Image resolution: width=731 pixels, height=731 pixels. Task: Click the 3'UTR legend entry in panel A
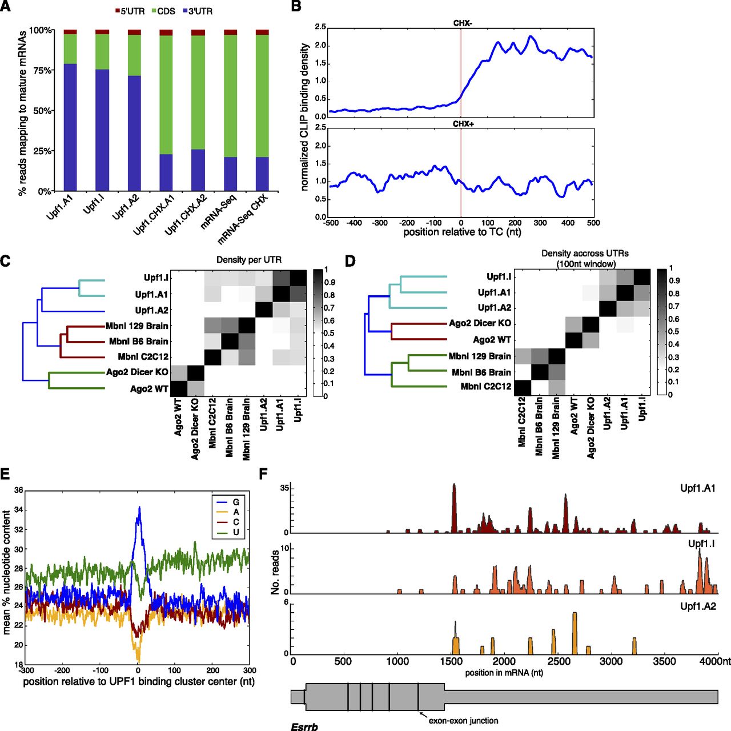point(198,11)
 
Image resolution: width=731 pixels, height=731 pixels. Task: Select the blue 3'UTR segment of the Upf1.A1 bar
point(70,127)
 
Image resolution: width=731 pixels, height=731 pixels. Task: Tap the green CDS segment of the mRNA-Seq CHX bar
point(262,96)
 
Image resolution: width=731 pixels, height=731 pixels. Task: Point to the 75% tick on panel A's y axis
point(42,71)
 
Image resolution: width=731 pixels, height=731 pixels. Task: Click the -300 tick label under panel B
point(380,223)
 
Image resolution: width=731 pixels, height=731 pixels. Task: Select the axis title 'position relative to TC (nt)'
point(461,232)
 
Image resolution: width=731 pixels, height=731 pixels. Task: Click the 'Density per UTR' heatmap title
point(249,260)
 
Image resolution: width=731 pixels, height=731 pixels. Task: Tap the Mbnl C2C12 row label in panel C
point(143,357)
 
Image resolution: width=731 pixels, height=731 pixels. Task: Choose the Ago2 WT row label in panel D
point(492,340)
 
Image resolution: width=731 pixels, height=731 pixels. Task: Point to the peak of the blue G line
point(139,507)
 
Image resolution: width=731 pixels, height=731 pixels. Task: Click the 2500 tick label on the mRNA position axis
point(560,661)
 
